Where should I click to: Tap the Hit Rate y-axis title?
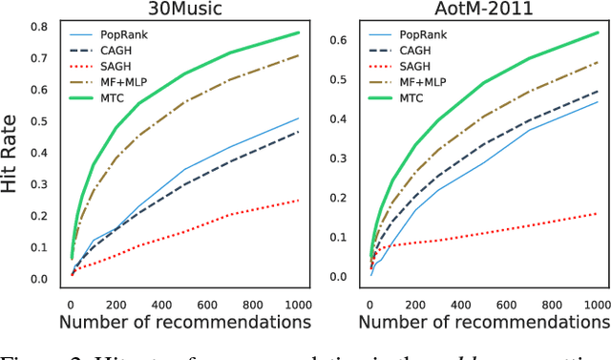tap(11, 154)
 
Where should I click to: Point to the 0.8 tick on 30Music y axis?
tap(42, 26)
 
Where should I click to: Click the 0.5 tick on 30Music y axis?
tap(42, 121)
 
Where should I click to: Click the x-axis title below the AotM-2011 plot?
tap(484, 322)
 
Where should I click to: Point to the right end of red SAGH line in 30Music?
tap(297, 201)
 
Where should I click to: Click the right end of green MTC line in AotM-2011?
tap(597, 32)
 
